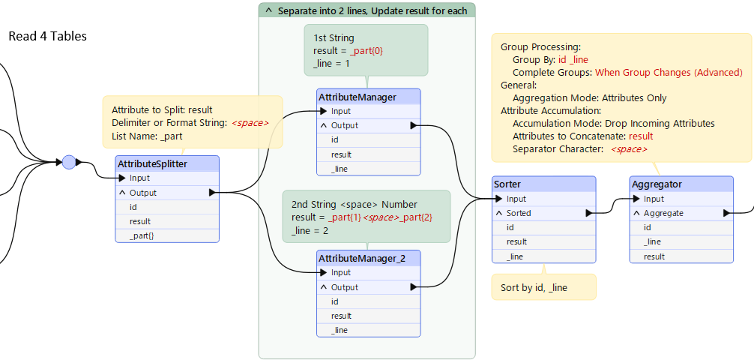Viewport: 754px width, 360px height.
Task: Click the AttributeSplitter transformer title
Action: coord(152,164)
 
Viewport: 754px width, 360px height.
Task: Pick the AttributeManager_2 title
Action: coord(361,259)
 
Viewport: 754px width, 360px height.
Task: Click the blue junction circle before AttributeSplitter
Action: coord(69,162)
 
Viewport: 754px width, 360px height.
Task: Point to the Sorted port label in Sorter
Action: coord(519,213)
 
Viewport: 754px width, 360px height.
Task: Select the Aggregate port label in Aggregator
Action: coord(663,213)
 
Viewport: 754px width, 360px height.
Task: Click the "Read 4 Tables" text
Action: coord(48,36)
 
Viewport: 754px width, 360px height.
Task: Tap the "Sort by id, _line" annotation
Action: coord(534,288)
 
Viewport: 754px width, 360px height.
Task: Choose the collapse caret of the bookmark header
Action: coord(268,10)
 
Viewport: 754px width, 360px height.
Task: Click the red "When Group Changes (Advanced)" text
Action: coord(669,73)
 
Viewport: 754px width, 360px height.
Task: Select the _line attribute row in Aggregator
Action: coord(652,242)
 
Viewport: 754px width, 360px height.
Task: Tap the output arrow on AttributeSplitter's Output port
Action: coord(213,193)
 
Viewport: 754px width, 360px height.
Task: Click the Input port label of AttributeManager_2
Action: coord(341,272)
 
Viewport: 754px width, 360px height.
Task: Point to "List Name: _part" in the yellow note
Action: coord(147,136)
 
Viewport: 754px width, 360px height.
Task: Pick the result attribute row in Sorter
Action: coord(516,241)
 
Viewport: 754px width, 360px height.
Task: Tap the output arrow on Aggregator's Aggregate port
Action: coord(726,213)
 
